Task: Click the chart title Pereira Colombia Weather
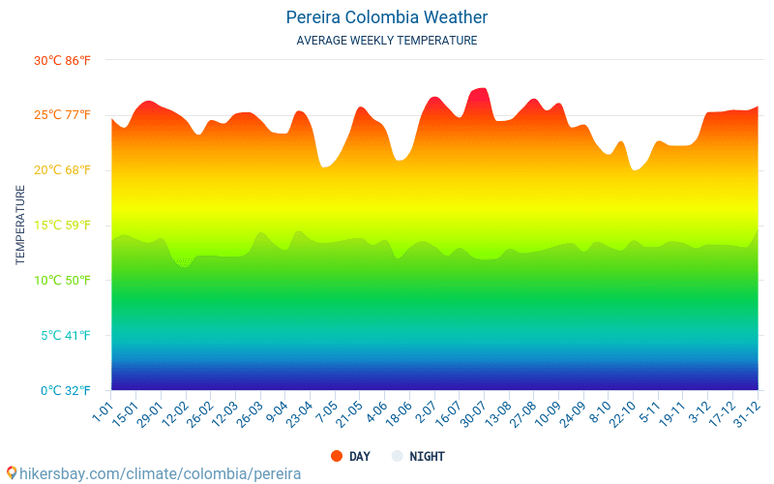click(386, 17)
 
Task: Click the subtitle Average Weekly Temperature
click(386, 41)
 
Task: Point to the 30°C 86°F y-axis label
click(62, 60)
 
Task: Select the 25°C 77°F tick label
click(62, 115)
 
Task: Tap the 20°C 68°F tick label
click(62, 170)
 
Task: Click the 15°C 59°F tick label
click(62, 226)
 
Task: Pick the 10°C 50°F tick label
click(62, 281)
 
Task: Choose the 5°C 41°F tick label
click(64, 336)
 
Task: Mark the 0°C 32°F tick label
click(64, 391)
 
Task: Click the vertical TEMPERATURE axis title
click(20, 226)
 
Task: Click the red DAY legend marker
click(337, 456)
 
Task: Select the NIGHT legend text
click(427, 456)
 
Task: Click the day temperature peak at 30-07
click(481, 89)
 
